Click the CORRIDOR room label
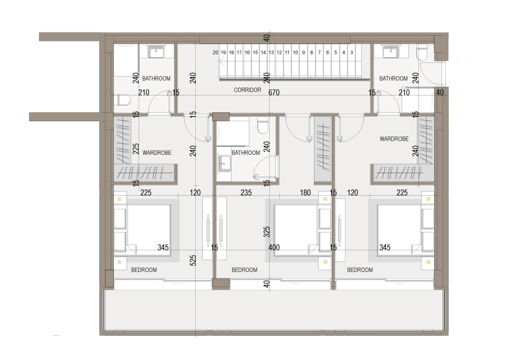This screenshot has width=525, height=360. coord(247,90)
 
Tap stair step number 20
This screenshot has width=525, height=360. coord(215,52)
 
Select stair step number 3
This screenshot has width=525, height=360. coord(352,52)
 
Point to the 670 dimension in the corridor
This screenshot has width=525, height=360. coord(274,92)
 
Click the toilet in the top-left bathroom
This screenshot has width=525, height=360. coord(122,100)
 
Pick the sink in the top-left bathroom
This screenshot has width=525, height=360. coord(156,52)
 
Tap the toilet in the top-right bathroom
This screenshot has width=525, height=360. coord(422,53)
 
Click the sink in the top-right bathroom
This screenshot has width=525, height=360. coord(391,52)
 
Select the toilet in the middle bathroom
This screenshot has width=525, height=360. coord(262,125)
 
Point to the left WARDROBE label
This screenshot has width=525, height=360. coord(157,153)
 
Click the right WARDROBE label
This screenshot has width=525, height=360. coord(394,139)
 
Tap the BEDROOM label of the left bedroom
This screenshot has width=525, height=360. coord(144,270)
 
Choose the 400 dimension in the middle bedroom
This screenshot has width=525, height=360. coord(274,248)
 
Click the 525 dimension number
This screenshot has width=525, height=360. coord(193,261)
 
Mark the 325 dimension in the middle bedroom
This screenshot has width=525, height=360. coord(267,232)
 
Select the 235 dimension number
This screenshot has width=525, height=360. coord(246,193)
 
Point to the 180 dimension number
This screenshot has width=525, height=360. coord(306,193)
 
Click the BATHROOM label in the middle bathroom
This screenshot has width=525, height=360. coord(246,153)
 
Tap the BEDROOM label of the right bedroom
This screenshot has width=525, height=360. coord(360,270)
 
